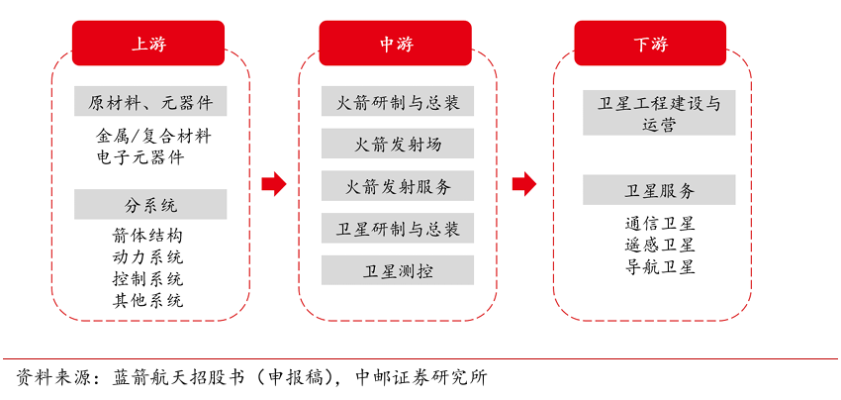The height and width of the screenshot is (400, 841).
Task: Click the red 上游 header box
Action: (x=149, y=44)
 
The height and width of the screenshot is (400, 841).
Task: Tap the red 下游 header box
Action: (x=650, y=44)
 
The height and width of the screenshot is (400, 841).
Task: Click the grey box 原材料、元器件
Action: (x=150, y=101)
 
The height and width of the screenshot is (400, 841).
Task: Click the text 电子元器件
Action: (x=140, y=156)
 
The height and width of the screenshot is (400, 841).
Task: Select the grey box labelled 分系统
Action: (x=150, y=205)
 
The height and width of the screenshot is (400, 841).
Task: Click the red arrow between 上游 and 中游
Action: (x=273, y=183)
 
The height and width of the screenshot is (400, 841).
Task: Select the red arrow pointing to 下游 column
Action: (x=523, y=183)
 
